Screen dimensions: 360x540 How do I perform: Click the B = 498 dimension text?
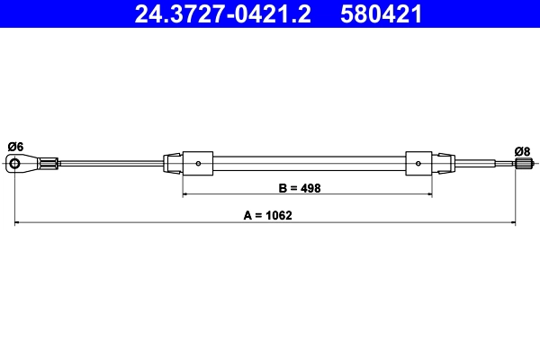coord(300,189)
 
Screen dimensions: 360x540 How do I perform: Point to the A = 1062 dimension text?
coord(268,216)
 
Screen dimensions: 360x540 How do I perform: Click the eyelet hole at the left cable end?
coord(15,163)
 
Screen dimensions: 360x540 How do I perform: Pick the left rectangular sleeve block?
coord(197,163)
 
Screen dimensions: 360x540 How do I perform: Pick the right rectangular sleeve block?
coord(419,163)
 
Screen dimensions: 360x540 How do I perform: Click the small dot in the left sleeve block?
coord(198,163)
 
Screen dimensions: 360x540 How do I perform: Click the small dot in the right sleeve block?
coord(420,163)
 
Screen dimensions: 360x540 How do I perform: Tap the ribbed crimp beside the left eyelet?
coord(50,163)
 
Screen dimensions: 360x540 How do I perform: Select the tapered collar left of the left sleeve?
coord(171,163)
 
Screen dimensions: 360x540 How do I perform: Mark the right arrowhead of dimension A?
coord(513,222)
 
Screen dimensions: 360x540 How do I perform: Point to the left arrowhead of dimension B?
coord(185,195)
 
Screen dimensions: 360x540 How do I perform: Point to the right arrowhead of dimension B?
coord(430,195)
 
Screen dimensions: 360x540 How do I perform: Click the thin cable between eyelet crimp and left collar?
coord(108,163)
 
